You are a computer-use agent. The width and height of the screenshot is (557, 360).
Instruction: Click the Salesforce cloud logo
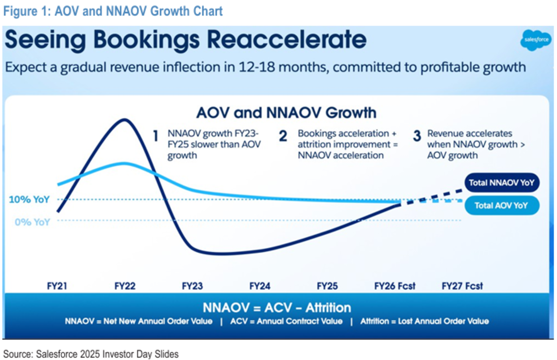pyautogui.click(x=536, y=40)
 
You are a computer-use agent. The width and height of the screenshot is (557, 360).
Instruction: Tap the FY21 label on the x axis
pyautogui.click(x=57, y=286)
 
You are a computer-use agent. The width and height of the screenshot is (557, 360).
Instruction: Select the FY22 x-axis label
pyautogui.click(x=125, y=286)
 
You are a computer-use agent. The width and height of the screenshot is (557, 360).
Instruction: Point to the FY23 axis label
pyautogui.click(x=192, y=286)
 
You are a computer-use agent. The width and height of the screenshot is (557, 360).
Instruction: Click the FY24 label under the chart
pyautogui.click(x=260, y=286)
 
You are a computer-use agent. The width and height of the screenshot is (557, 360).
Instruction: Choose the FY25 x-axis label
pyautogui.click(x=327, y=286)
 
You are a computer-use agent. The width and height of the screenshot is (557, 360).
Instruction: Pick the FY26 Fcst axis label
pyautogui.click(x=395, y=286)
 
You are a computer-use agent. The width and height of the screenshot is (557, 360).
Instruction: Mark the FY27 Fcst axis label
pyautogui.click(x=462, y=286)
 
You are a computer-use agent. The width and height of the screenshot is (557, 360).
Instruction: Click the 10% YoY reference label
pyautogui.click(x=29, y=199)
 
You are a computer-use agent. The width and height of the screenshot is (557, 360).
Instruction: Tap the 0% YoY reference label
pyautogui.click(x=32, y=222)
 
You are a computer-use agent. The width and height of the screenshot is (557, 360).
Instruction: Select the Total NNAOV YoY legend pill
pyautogui.click(x=501, y=183)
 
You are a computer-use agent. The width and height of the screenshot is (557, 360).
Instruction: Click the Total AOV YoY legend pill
pyautogui.click(x=501, y=206)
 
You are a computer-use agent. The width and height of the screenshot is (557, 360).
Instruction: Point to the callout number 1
pyautogui.click(x=156, y=136)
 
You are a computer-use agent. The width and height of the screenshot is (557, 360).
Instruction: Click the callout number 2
pyautogui.click(x=283, y=136)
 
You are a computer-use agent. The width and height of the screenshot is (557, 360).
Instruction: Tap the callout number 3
pyautogui.click(x=417, y=136)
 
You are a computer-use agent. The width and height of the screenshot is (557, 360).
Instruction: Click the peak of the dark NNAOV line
pyautogui.click(x=125, y=119)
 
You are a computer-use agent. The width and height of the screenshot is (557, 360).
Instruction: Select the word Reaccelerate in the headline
pyautogui.click(x=287, y=40)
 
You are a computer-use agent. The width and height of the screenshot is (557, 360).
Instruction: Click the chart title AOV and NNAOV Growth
pyautogui.click(x=286, y=113)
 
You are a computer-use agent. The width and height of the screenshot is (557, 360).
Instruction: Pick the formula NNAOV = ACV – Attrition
pyautogui.click(x=277, y=307)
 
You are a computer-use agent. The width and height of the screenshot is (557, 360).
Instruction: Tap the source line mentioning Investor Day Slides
pyautogui.click(x=91, y=354)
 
